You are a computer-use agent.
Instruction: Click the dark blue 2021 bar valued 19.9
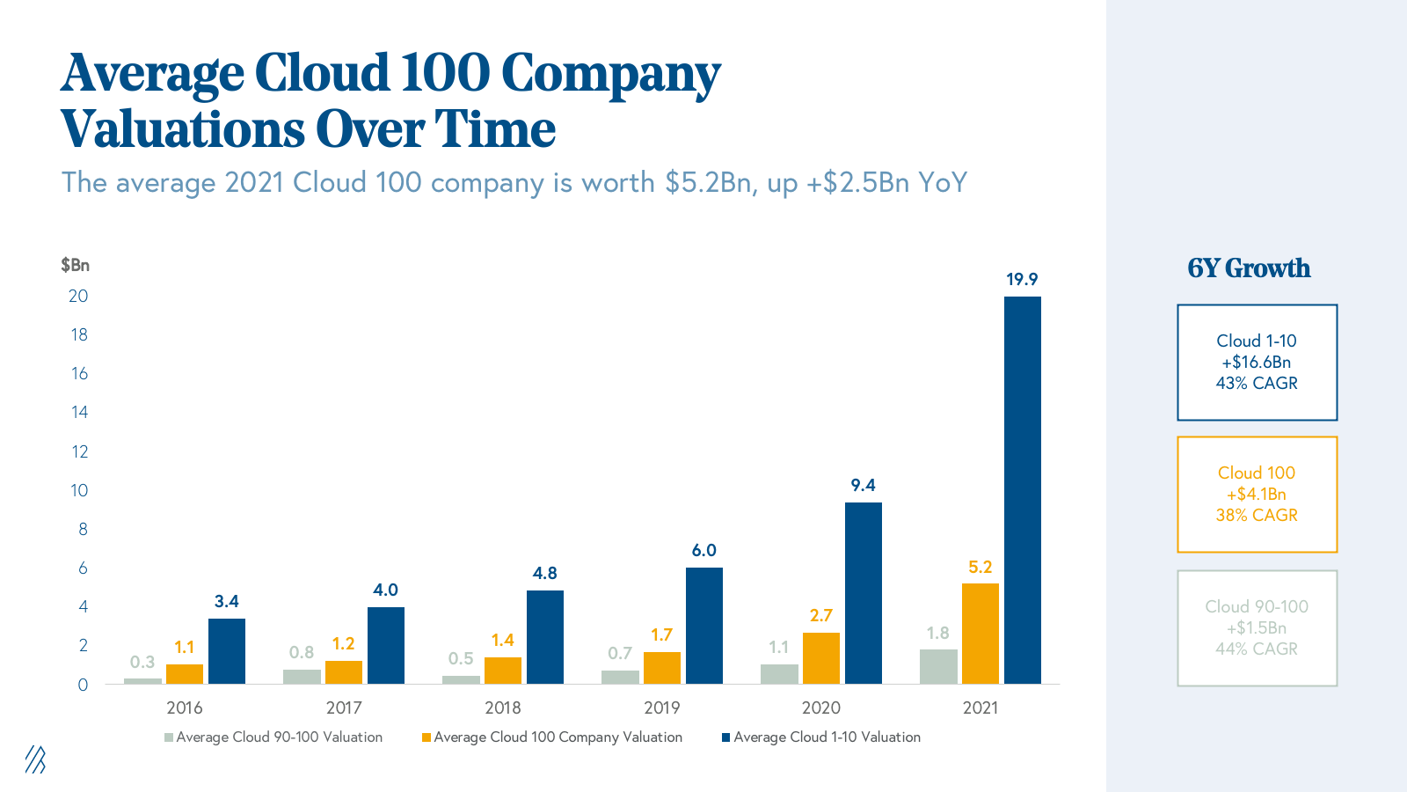pos(1022,489)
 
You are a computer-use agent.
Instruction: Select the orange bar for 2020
pos(820,658)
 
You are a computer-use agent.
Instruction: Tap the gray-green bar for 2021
pos(938,666)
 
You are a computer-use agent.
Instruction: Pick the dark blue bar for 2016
pos(227,651)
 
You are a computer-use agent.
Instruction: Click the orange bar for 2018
pos(503,671)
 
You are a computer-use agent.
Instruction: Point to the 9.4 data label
pos(863,485)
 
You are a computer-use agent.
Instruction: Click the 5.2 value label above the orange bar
pos(980,568)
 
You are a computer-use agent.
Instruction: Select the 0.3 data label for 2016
pos(142,662)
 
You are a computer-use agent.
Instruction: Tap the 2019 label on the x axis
pos(661,708)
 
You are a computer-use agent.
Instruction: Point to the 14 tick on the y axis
pos(79,412)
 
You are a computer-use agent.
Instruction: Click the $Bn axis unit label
pos(75,265)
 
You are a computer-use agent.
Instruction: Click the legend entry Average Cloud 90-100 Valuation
pos(279,737)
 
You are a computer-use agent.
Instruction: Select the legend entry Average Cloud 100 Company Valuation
pos(558,737)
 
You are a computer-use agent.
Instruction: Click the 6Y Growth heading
pos(1249,268)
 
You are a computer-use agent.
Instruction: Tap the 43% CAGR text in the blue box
pos(1257,384)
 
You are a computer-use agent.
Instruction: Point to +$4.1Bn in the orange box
pos(1257,495)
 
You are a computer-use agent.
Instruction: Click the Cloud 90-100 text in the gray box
pos(1257,606)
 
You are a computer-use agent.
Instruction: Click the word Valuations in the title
pos(181,130)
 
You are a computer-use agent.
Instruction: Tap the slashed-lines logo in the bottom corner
pos(35,759)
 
